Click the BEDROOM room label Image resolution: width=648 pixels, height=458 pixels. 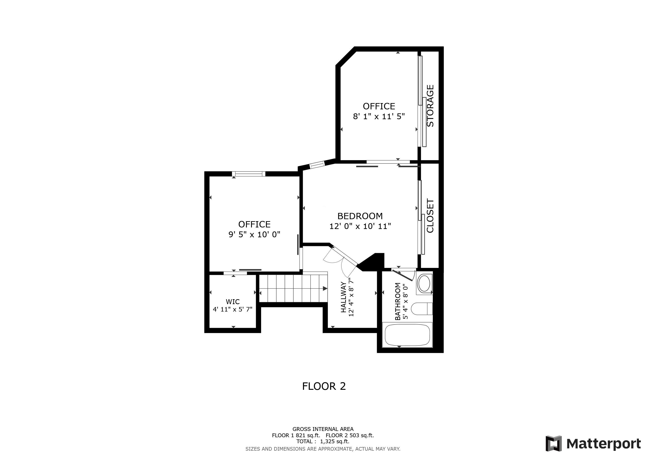360,216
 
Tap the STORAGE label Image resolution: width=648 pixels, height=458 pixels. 430,106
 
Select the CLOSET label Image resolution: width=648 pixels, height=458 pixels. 430,216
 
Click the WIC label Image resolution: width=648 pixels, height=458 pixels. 233,302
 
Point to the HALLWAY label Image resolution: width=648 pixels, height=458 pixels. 343,297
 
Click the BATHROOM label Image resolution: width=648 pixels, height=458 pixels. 398,301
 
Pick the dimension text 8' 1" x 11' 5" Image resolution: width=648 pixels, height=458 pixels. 379,116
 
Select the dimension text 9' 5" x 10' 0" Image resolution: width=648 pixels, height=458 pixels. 254,234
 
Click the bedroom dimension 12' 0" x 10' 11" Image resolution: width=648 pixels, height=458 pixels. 360,226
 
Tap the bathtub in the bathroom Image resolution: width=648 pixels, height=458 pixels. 407,335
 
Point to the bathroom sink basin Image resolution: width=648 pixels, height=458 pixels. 424,283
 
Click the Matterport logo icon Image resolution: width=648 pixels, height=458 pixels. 553,444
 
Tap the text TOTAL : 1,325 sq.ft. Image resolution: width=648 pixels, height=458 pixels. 323,441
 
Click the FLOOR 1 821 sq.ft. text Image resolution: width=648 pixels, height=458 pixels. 296,435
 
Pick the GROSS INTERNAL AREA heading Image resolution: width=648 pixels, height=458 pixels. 323,429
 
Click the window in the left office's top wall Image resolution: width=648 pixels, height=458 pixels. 249,174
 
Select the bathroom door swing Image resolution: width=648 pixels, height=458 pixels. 404,275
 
